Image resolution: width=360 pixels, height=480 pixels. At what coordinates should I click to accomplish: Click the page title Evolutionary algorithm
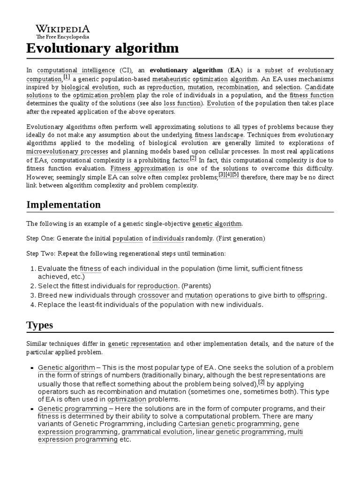tap(102, 48)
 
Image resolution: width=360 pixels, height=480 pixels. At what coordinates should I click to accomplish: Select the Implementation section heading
tap(63, 204)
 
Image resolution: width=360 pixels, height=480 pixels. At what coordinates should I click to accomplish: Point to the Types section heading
tap(39, 325)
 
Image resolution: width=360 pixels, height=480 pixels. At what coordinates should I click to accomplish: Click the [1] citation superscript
tap(67, 77)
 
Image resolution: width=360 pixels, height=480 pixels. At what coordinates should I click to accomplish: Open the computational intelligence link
tap(76, 70)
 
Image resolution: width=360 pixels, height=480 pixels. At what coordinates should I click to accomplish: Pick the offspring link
tap(311, 295)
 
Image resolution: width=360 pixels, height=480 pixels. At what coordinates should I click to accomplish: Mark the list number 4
tap(32, 305)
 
